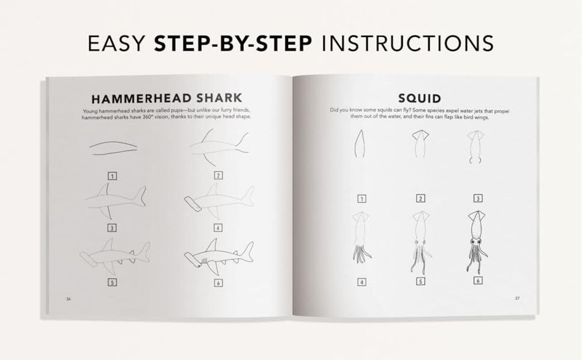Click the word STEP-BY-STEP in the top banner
(232, 43)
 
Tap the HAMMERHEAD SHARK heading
(167, 98)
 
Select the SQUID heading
(420, 98)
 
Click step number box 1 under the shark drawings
(112, 176)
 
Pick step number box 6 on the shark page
(218, 283)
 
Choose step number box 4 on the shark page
(218, 227)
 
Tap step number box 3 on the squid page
(478, 198)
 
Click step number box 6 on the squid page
(478, 280)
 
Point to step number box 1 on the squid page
(361, 198)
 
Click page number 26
(68, 299)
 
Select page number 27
(517, 299)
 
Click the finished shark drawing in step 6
(219, 256)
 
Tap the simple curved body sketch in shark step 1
(113, 147)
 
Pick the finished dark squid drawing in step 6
(477, 242)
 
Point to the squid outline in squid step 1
(359, 143)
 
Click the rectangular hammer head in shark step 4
(193, 204)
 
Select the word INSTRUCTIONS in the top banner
(408, 43)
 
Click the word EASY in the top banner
(116, 43)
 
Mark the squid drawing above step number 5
(420, 242)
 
